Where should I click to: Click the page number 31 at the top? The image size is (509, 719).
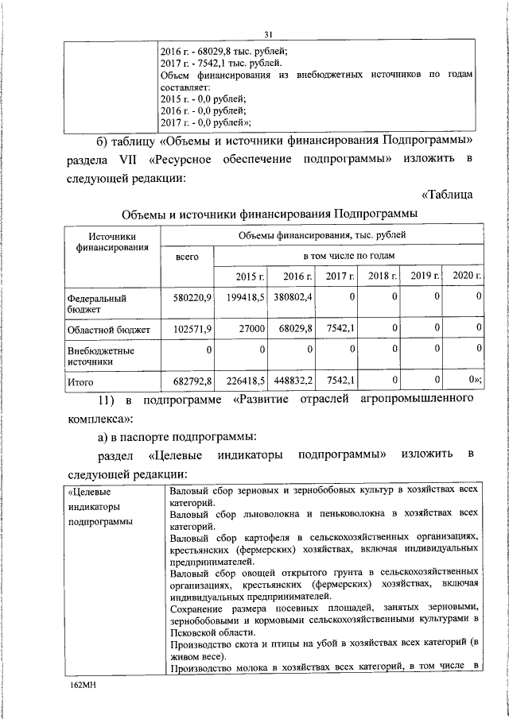click(268, 33)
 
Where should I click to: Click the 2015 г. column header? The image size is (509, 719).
click(249, 276)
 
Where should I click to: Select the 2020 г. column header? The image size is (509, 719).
click(466, 276)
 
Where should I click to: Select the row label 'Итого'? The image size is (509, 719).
click(81, 381)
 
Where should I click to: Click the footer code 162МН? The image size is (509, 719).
click(82, 683)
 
